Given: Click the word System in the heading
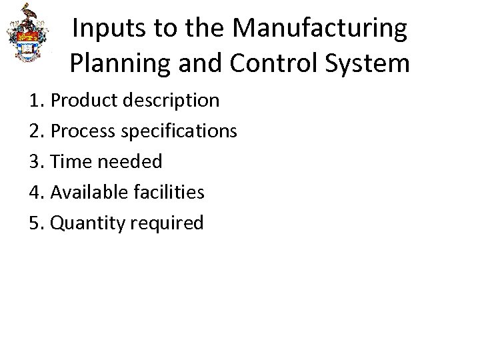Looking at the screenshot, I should (371, 63).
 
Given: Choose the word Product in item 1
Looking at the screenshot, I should (83, 101).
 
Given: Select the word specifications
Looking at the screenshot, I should (179, 131).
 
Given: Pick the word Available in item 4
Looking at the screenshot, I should (87, 193).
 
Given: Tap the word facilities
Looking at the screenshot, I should (167, 193).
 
